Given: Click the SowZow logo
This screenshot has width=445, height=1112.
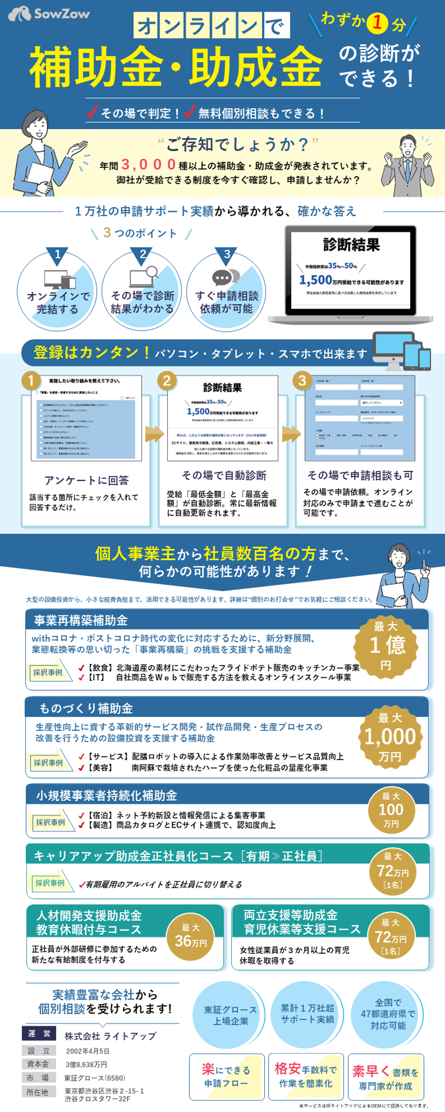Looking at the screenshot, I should pos(49,14).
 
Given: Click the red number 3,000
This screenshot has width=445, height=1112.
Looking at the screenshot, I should pos(148,165).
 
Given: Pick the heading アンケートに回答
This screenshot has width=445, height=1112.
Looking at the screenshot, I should pos(86,480).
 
